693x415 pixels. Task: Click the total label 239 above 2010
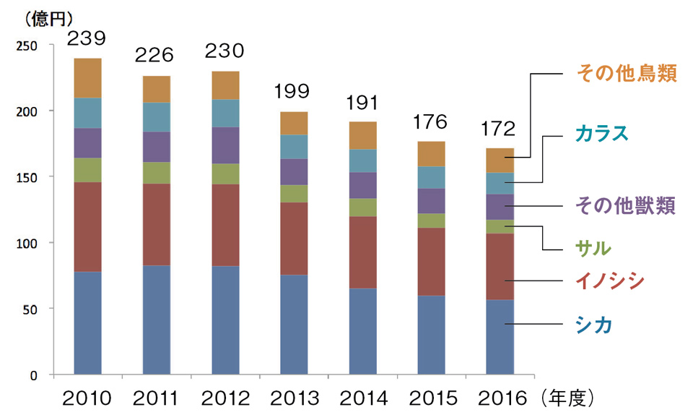[x=87, y=38]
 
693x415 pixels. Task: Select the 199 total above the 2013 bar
[x=292, y=92]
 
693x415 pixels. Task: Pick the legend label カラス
[x=602, y=133]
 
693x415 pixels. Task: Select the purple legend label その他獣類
[x=626, y=206]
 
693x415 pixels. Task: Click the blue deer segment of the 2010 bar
[x=87, y=323]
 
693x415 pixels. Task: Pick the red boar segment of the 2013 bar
[x=292, y=239]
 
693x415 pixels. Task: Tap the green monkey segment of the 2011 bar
[x=156, y=173]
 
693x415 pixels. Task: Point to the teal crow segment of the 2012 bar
[x=225, y=114]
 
